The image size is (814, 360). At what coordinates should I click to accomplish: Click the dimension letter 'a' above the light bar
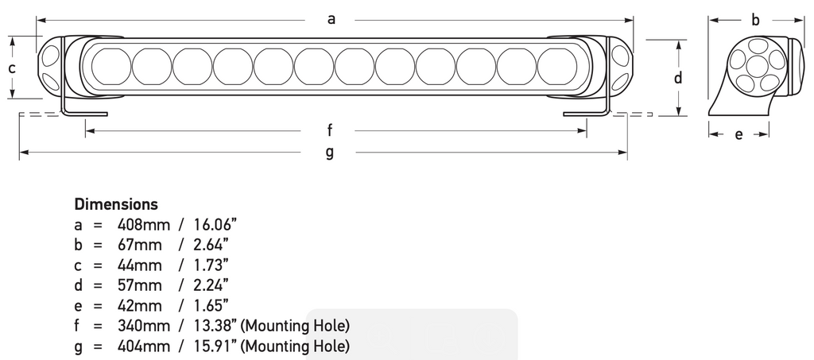[331, 20]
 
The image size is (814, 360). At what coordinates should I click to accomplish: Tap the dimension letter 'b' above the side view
[756, 21]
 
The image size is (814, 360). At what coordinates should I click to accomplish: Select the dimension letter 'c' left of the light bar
[12, 68]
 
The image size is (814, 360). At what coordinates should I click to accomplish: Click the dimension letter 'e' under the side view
[738, 135]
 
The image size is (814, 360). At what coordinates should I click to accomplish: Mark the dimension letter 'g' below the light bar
[329, 153]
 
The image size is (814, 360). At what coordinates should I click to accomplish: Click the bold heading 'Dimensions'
[116, 204]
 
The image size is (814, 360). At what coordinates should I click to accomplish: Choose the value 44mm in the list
[140, 265]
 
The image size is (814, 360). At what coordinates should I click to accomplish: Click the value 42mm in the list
[140, 304]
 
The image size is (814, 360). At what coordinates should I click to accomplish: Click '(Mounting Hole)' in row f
[296, 325]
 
